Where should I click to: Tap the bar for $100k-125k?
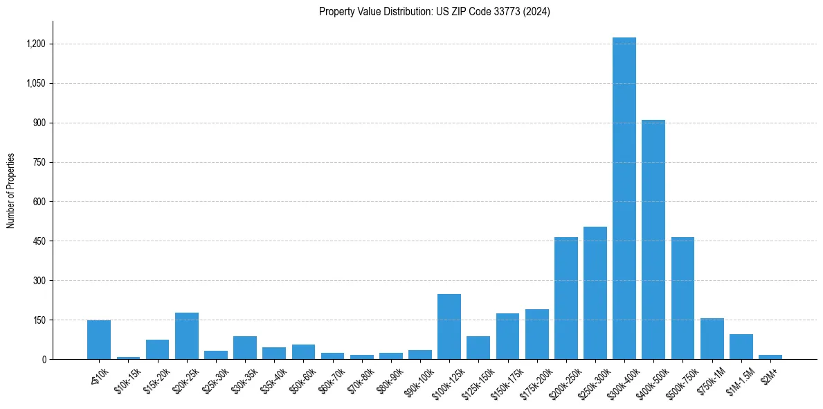click(x=449, y=327)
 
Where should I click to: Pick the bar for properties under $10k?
click(x=99, y=340)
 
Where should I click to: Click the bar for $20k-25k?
click(x=186, y=336)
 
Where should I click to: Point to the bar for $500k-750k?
click(x=682, y=298)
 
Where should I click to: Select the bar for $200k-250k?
click(x=566, y=298)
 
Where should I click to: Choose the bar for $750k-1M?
click(x=712, y=339)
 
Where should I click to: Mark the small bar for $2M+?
click(x=770, y=357)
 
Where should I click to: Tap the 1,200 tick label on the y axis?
click(x=35, y=44)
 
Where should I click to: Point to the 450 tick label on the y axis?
click(x=39, y=241)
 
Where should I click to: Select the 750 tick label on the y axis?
click(x=39, y=162)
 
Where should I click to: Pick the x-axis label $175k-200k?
click(x=535, y=380)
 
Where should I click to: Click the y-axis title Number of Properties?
click(x=11, y=191)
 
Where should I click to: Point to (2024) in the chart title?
click(x=537, y=12)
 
